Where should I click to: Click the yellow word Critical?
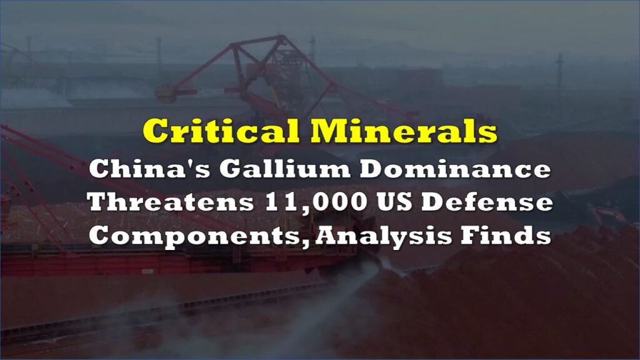(x=222, y=131)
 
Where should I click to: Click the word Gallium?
(x=284, y=169)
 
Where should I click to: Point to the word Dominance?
(x=455, y=169)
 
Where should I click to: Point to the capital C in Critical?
(x=155, y=131)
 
